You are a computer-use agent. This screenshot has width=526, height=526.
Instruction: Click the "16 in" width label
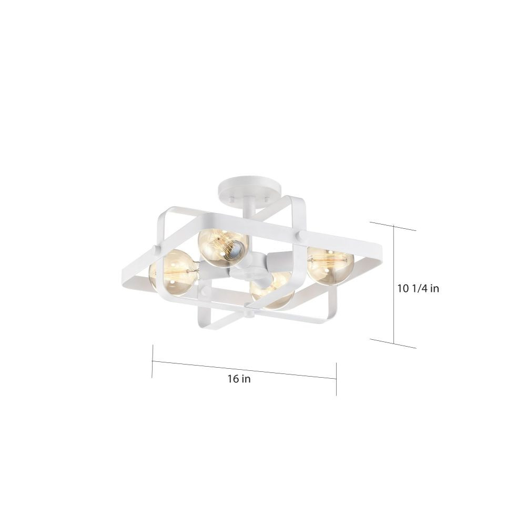tap(239, 379)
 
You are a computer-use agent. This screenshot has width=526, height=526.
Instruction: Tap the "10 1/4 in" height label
tap(418, 288)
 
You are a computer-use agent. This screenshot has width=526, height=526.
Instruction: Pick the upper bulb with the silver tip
tap(222, 244)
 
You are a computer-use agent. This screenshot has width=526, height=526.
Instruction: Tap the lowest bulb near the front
tap(272, 291)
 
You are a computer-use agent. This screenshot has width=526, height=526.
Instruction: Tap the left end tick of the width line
tap(153, 361)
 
